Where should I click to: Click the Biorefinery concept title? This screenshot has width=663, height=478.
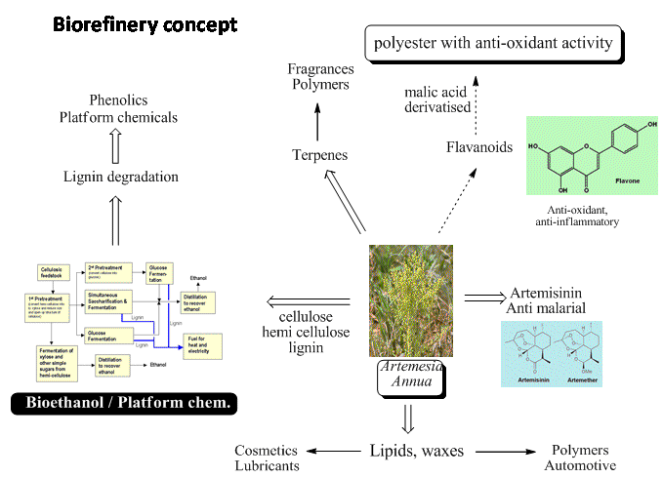144,22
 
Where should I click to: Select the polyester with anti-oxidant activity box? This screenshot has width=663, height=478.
492,43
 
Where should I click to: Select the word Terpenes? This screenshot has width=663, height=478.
319,155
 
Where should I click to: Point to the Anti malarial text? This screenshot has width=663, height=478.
548,309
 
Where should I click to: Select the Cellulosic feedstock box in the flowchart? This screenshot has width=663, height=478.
54,271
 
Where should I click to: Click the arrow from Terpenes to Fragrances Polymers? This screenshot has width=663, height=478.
318,117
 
